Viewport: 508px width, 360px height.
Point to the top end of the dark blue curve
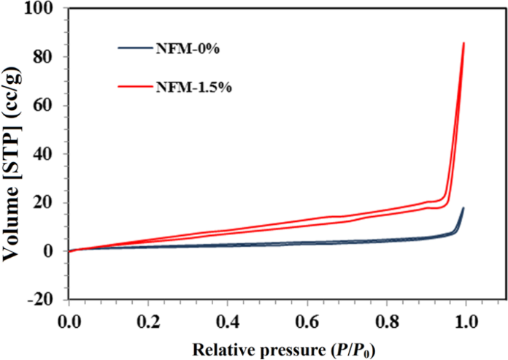463,208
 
